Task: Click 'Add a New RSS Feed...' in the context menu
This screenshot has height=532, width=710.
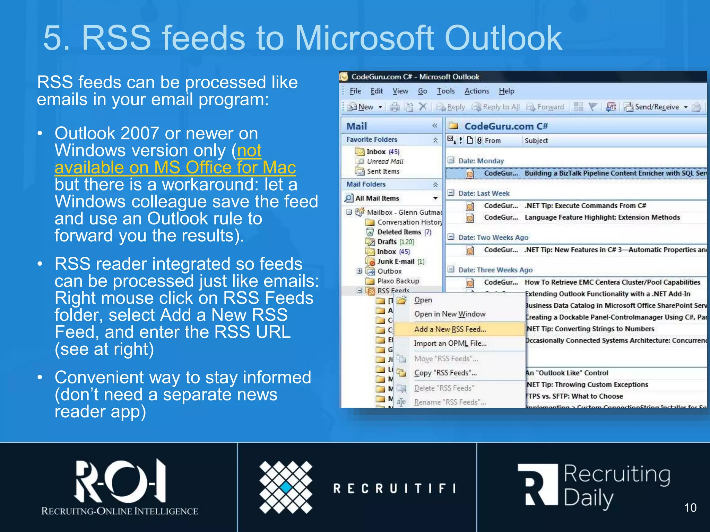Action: (450, 329)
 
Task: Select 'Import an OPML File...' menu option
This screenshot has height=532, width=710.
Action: (450, 343)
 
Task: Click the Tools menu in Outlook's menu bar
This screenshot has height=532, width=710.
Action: (445, 91)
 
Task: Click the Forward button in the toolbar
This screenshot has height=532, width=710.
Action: (546, 107)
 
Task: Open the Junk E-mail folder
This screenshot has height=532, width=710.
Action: (396, 261)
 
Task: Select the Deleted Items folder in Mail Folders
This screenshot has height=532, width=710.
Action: (399, 232)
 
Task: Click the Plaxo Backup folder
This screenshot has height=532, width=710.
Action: (398, 281)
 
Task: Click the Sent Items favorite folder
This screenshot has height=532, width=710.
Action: (383, 171)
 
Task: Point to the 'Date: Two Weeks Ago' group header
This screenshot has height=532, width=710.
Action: (493, 238)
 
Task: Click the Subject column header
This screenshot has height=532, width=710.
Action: (536, 141)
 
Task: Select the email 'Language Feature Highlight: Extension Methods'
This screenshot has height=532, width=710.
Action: (602, 218)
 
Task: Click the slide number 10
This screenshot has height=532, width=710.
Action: (690, 508)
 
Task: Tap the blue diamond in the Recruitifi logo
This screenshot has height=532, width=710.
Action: (286, 487)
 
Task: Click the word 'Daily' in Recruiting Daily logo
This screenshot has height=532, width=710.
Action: (588, 499)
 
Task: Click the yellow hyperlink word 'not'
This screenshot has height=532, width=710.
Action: (249, 151)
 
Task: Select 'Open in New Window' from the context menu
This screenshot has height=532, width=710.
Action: (450, 314)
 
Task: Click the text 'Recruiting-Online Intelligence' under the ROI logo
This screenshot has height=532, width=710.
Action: (120, 511)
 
